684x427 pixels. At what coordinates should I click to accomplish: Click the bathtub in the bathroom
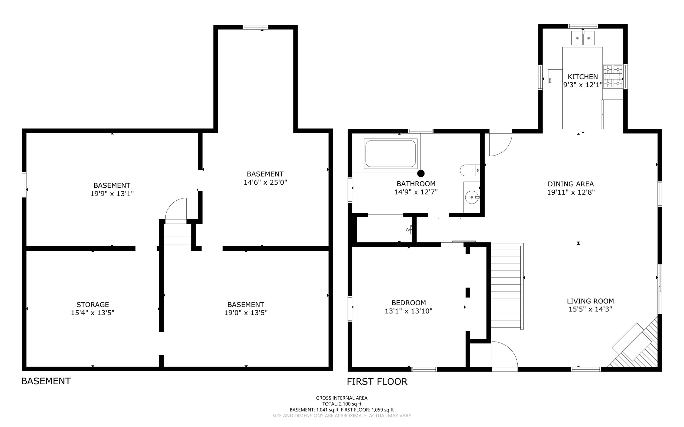[x=390, y=154]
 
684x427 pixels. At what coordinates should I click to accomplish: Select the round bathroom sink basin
[x=472, y=197]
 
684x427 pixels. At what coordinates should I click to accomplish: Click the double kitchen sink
[x=583, y=38]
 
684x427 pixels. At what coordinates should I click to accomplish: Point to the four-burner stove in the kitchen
[x=613, y=76]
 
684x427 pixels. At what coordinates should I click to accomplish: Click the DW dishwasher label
[x=550, y=80]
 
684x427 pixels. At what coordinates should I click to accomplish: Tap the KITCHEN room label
[x=582, y=77]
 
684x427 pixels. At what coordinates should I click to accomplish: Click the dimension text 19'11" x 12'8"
[x=570, y=192]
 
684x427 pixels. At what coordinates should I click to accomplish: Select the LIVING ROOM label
[x=590, y=301]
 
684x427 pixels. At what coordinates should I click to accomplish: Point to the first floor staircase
[x=506, y=287]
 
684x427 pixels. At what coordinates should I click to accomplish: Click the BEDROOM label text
[x=408, y=302]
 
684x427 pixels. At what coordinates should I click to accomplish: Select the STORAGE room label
[x=93, y=304]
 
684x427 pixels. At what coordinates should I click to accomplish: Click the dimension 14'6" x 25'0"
[x=265, y=182]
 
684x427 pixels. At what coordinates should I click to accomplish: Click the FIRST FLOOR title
[x=377, y=382]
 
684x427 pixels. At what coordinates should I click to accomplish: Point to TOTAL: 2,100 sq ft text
[x=342, y=404]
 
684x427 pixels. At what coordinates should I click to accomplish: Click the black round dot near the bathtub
[x=421, y=173]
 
